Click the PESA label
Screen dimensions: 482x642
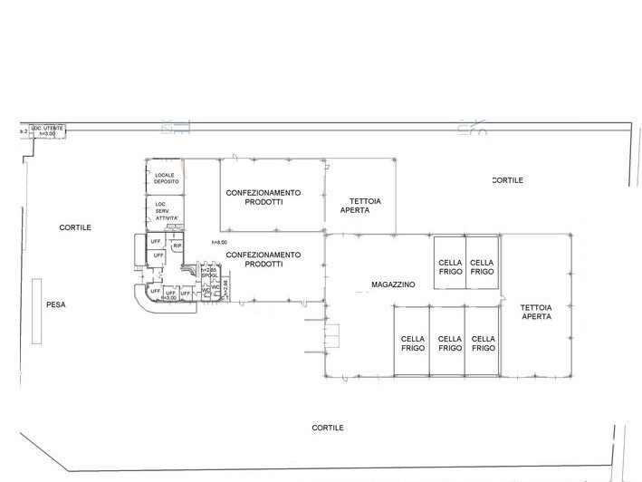click(56, 305)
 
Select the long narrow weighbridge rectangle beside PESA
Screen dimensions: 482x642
click(35, 312)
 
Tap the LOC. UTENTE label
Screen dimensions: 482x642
click(47, 130)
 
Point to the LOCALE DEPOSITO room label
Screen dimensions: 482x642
click(167, 178)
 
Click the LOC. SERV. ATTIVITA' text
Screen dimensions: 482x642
click(168, 211)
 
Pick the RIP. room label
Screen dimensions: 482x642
click(177, 246)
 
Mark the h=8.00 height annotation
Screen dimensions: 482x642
click(219, 242)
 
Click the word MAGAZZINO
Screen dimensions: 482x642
click(393, 284)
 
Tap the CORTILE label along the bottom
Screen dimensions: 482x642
click(327, 428)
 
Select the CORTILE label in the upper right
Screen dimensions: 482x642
click(507, 180)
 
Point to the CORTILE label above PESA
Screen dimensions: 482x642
click(75, 227)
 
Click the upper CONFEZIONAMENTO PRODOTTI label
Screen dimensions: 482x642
click(264, 198)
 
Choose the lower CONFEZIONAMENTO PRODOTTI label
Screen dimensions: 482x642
click(263, 260)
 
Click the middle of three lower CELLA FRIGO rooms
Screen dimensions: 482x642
click(450, 343)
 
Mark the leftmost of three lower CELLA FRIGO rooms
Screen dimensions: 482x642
click(413, 343)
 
